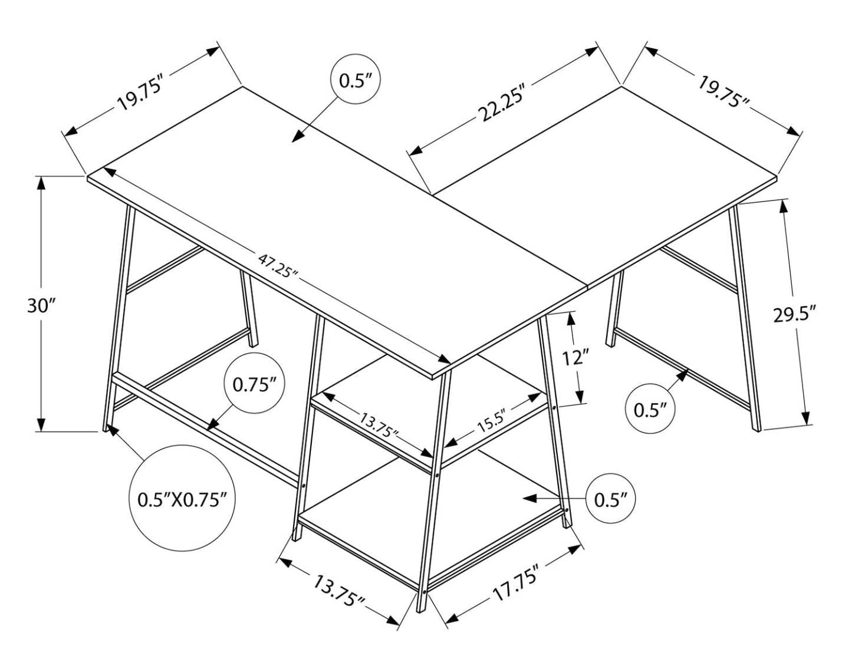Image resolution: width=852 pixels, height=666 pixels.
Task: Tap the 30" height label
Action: [x=41, y=306]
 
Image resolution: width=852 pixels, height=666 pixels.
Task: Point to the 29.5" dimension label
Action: [x=794, y=314]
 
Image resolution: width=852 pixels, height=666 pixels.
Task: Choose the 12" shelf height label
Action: [x=575, y=357]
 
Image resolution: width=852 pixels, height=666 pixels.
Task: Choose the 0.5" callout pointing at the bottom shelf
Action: [x=614, y=499]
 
